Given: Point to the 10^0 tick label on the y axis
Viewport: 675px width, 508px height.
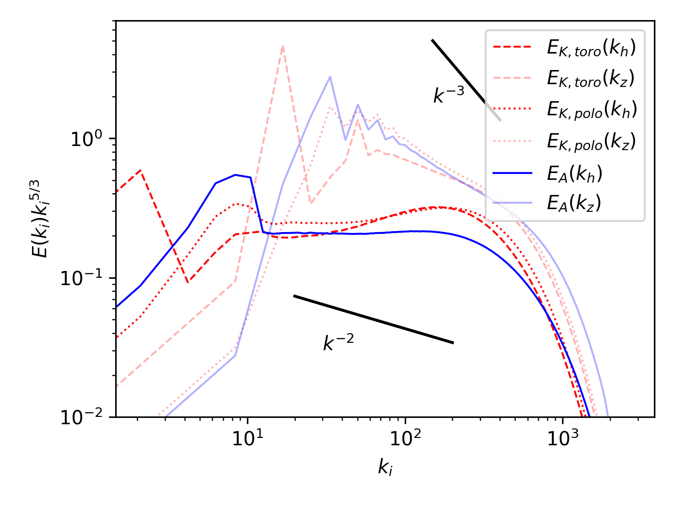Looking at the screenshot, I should point(86,139).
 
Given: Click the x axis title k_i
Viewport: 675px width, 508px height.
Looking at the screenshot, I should point(385,467).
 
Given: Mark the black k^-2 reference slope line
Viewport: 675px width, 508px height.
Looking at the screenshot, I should point(373,319).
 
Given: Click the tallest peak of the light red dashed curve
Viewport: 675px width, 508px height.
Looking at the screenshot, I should point(283,46).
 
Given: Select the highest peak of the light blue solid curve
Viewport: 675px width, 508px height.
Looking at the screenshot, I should point(330,76).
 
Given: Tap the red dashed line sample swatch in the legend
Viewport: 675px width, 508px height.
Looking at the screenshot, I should point(512,47).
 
